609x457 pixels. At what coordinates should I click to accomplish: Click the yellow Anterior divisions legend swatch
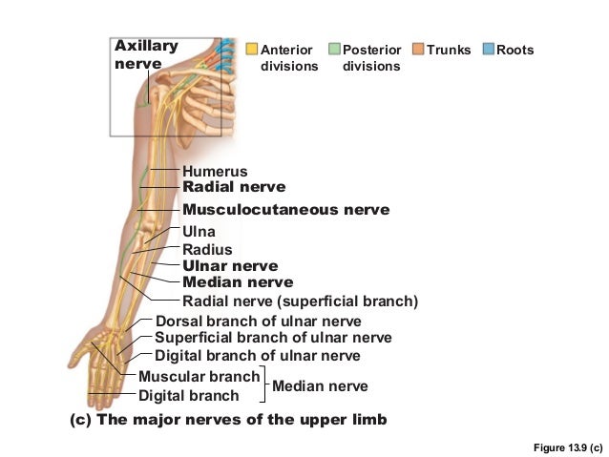click(x=252, y=49)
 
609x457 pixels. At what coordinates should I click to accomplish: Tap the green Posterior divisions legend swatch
click(x=334, y=49)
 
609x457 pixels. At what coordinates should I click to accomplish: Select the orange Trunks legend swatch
click(x=419, y=49)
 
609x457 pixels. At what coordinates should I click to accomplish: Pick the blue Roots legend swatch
click(x=489, y=49)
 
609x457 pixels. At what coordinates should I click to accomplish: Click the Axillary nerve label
click(x=145, y=54)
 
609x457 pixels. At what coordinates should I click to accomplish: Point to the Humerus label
click(x=215, y=172)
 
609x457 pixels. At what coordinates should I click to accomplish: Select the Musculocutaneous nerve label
click(x=285, y=209)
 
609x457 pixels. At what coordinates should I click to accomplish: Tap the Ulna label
click(x=199, y=232)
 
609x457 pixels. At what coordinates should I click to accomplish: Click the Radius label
click(x=207, y=249)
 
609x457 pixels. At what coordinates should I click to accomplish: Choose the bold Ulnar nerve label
click(x=230, y=266)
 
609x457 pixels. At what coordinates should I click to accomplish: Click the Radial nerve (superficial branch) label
click(x=300, y=302)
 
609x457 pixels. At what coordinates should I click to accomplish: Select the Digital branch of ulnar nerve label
click(x=257, y=356)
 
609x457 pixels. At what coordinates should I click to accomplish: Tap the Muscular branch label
click(x=199, y=376)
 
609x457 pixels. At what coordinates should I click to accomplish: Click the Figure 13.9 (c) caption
click(x=568, y=447)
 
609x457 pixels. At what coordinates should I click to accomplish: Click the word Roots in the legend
click(x=515, y=50)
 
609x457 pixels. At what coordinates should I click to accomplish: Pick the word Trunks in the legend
click(x=450, y=50)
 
